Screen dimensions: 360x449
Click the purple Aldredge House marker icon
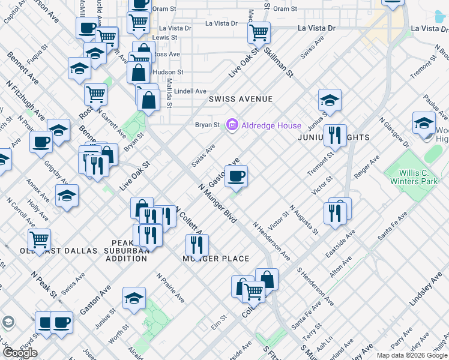coord(232,125)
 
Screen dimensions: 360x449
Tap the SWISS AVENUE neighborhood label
coord(240,99)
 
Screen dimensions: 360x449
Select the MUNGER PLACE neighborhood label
coord(216,259)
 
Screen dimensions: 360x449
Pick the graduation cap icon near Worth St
coord(134,298)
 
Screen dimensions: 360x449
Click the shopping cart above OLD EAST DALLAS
coord(39,239)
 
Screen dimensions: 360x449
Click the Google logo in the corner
coord(20,353)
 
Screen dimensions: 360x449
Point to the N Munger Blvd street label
coord(217,203)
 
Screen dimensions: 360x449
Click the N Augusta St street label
coord(303,219)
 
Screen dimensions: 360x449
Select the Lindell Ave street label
coord(190,91)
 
